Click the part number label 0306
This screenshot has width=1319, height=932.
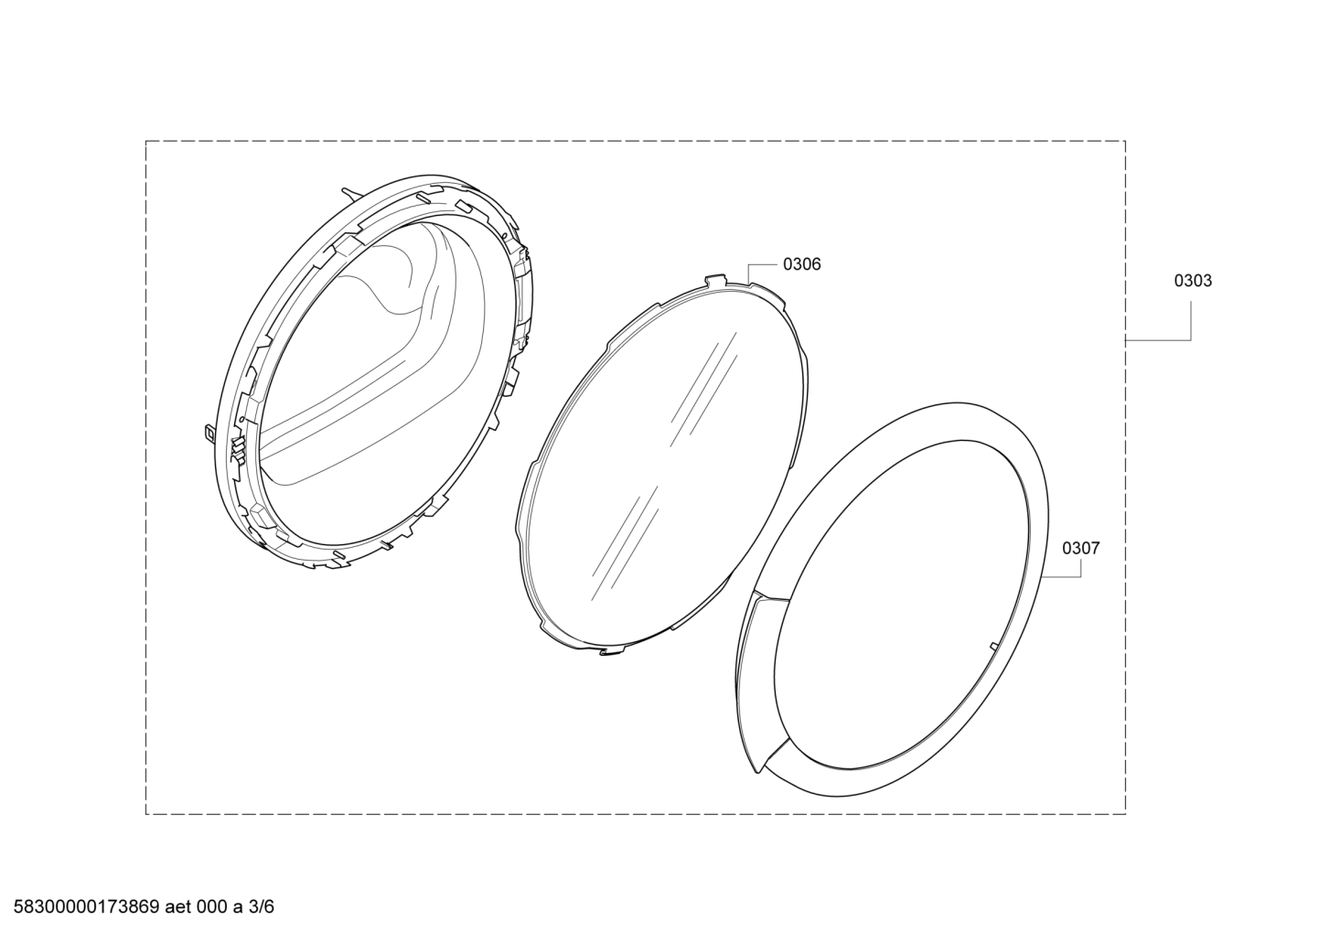pyautogui.click(x=801, y=264)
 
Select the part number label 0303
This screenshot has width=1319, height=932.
pyautogui.click(x=1193, y=281)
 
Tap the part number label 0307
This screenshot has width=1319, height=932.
pyautogui.click(x=1080, y=548)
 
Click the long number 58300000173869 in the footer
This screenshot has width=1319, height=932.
pyautogui.click(x=86, y=906)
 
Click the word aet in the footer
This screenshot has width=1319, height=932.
pyautogui.click(x=178, y=906)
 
